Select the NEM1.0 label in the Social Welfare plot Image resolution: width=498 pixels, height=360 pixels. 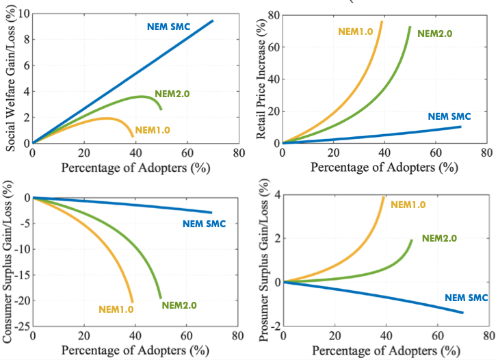pos(153,129)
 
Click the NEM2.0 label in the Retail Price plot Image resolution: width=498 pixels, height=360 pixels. pos(434,33)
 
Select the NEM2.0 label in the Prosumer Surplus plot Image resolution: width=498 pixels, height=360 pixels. pos(439,238)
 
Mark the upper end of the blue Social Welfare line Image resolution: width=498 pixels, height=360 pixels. pos(213,21)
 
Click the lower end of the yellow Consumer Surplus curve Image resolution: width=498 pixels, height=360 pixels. pos(132,301)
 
